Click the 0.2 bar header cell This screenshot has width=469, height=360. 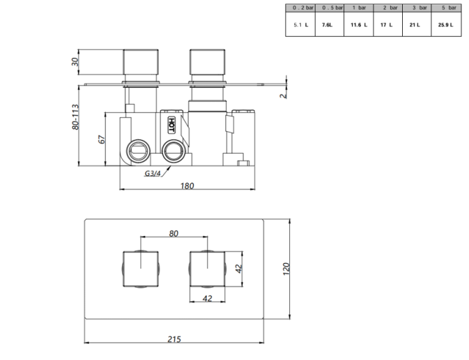300,8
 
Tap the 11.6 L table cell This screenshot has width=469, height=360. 359,25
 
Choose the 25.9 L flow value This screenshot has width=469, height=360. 446,25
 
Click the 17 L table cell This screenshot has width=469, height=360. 387,25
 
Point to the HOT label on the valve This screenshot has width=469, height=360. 171,125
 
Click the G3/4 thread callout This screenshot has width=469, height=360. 153,173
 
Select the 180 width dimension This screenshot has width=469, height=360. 187,186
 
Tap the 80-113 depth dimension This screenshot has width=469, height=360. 75,117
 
